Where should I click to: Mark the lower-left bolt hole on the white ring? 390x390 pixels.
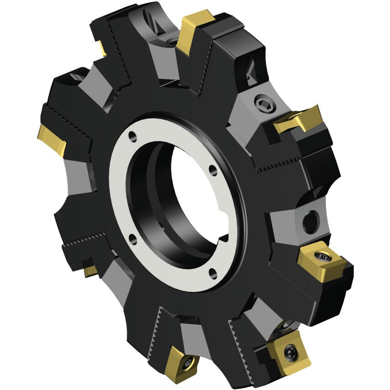(x=132, y=237)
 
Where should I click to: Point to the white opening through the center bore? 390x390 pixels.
(x=192, y=192)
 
